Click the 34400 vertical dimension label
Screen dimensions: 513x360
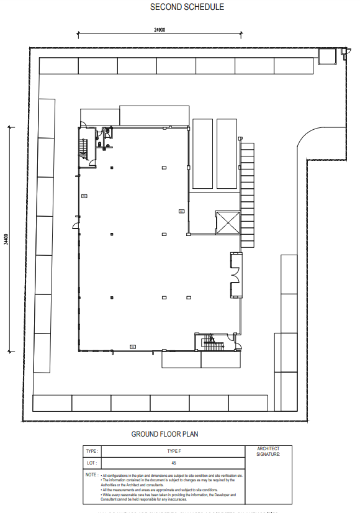point(6,239)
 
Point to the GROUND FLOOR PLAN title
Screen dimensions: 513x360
point(164,434)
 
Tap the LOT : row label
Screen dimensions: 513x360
point(91,463)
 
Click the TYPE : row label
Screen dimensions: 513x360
point(92,451)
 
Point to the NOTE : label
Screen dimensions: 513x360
point(92,474)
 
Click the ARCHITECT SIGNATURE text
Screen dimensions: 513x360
point(269,452)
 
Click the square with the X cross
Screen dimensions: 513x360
point(227,222)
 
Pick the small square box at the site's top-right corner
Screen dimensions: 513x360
point(326,56)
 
